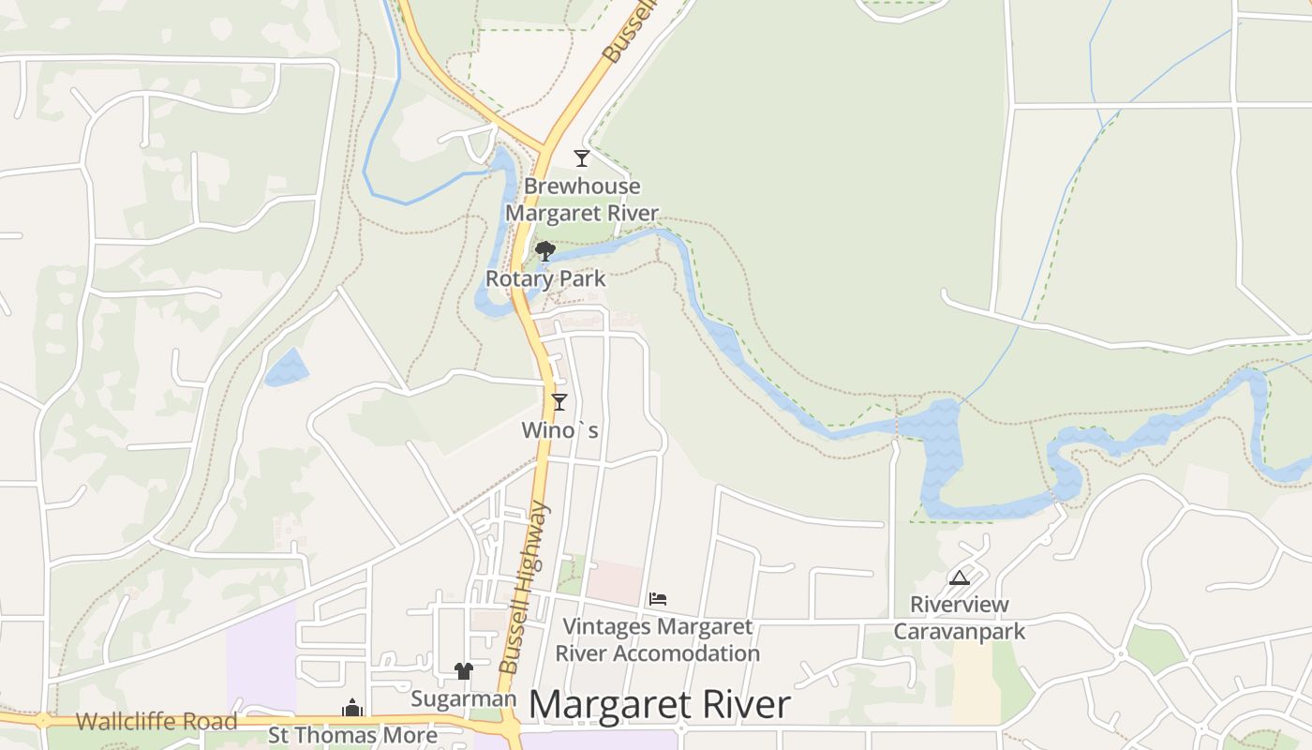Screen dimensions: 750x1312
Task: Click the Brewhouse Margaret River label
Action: click(581, 200)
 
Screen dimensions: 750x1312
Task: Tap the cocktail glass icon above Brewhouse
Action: click(582, 157)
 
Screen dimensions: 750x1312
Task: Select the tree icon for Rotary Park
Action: click(544, 250)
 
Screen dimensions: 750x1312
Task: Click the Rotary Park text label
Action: click(545, 278)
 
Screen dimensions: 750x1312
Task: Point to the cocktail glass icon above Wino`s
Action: click(559, 402)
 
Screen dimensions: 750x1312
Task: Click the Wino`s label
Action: click(559, 430)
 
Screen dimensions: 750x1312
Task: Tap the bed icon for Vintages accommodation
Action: click(658, 598)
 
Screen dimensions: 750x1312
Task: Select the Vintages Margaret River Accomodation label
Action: click(658, 639)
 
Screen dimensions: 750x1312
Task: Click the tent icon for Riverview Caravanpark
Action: click(959, 577)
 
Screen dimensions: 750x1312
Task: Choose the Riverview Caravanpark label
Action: click(960, 618)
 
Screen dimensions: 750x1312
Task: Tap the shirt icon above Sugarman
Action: click(463, 670)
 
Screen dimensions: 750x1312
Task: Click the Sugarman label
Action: click(463, 698)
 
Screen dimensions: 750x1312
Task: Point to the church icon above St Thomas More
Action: click(352, 708)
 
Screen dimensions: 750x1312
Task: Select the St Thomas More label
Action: click(352, 735)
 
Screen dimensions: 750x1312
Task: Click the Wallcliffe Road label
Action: click(157, 722)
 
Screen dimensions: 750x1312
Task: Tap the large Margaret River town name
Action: click(660, 705)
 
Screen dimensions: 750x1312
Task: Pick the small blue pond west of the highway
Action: click(287, 367)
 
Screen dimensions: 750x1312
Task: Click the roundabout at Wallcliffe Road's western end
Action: click(43, 721)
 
